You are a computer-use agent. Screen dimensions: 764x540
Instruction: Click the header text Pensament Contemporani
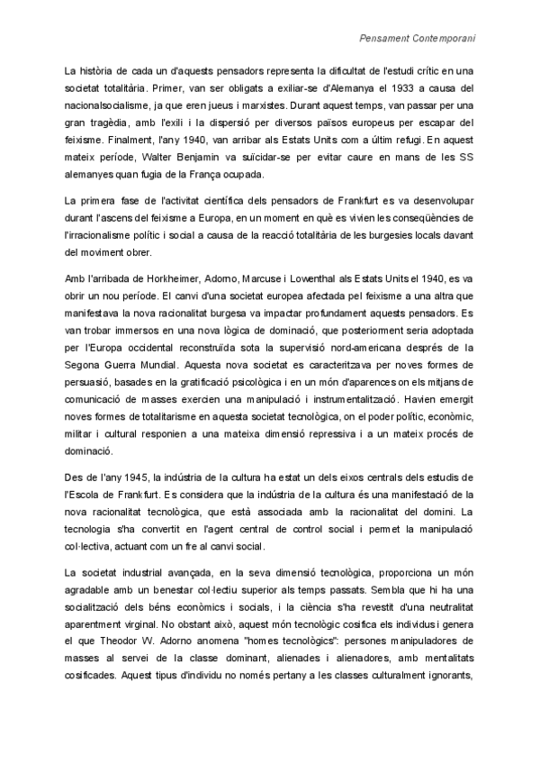pyautogui.click(x=417, y=39)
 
